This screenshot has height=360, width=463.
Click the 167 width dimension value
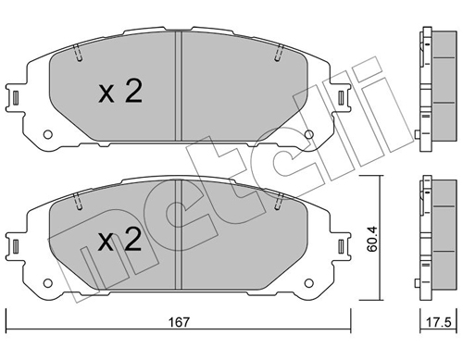point(179,322)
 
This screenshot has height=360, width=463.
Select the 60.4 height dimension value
point(372,239)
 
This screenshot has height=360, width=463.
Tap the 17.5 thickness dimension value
point(438,322)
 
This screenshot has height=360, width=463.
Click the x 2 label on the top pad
point(120,92)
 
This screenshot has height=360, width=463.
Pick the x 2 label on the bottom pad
point(119,240)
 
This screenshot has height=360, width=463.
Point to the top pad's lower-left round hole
point(47,134)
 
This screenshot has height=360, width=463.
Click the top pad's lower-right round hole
point(308,134)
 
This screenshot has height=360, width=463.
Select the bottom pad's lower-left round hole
point(47,283)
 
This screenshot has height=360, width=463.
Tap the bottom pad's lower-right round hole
point(308,283)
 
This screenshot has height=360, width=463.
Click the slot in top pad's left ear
point(16,98)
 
